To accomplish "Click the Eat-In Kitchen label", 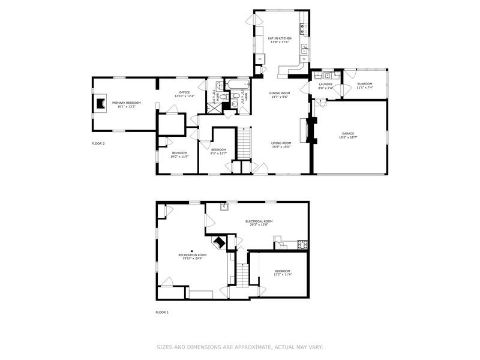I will [x=280, y=38].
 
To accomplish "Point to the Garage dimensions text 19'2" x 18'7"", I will [x=348, y=137].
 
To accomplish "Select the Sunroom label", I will [x=365, y=83].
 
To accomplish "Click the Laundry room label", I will [x=326, y=84].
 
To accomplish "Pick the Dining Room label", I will [x=280, y=93].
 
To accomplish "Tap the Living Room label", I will [x=281, y=142].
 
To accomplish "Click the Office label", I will [x=185, y=92].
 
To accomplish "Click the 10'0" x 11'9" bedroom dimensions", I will [x=179, y=157].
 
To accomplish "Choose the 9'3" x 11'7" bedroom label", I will [x=218, y=149].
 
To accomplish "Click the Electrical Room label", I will [x=259, y=221].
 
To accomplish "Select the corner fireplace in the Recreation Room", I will [x=219, y=242].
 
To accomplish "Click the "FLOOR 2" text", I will [x=98, y=143].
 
